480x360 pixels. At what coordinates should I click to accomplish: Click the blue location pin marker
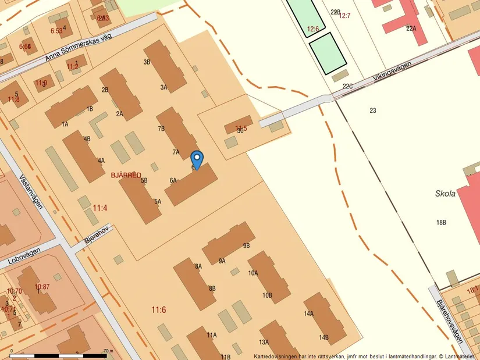tap(197, 158)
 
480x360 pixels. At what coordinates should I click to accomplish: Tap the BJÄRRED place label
tap(126, 175)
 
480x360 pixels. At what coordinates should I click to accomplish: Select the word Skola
tap(445, 194)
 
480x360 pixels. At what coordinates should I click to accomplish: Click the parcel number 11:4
tap(100, 207)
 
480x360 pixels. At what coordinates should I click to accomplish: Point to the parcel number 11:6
tap(158, 309)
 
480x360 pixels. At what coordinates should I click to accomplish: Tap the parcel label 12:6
tap(314, 28)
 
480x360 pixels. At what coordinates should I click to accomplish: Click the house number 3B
tap(147, 62)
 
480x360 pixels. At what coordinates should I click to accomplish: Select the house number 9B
tap(246, 245)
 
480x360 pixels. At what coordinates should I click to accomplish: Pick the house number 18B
tap(441, 223)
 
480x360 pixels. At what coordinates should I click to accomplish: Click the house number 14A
tap(308, 313)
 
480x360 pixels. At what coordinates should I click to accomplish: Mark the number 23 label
tap(373, 111)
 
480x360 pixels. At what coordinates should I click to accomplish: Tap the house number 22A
tap(411, 28)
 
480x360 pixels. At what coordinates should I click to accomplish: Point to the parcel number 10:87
tap(42, 287)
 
